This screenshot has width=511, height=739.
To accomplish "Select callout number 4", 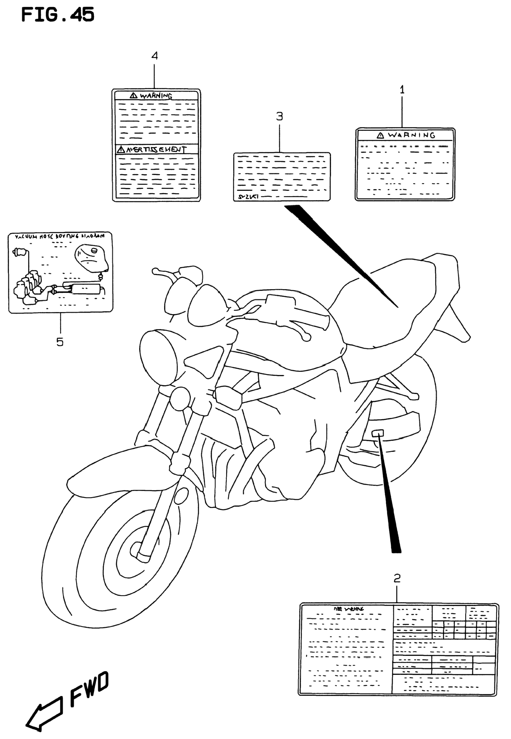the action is tap(155, 56).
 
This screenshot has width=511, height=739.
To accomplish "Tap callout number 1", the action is tap(402, 90).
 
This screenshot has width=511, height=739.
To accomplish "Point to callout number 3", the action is tap(280, 116).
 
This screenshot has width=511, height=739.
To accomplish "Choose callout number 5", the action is tap(60, 342).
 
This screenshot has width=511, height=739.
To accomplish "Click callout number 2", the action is tap(397, 578).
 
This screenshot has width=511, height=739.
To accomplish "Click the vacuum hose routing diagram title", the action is tap(60, 237).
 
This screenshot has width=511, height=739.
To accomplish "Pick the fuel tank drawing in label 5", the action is tap(91, 259).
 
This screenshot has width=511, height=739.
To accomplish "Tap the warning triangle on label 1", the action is tap(380, 136).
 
